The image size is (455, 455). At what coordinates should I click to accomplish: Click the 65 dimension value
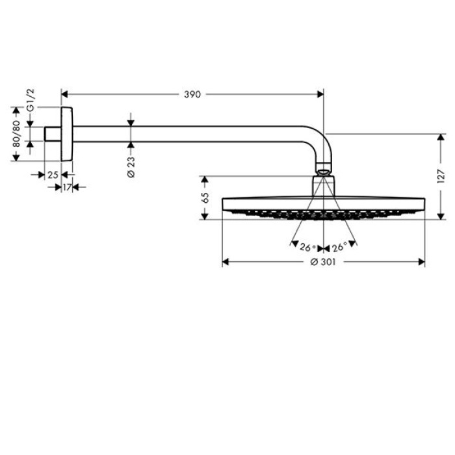(x=205, y=198)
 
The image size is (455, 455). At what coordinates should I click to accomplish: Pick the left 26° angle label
(x=307, y=248)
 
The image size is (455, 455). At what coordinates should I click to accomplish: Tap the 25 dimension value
(x=53, y=174)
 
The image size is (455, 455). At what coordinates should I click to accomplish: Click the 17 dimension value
(x=67, y=187)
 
